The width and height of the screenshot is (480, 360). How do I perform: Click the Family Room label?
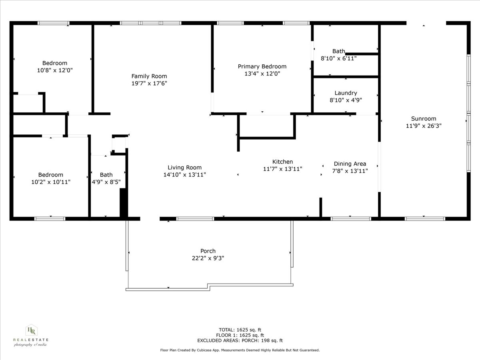pyautogui.click(x=149, y=76)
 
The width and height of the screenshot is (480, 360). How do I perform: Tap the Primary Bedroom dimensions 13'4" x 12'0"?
pyautogui.click(x=262, y=74)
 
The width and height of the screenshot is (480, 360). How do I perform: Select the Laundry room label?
pyautogui.click(x=346, y=93)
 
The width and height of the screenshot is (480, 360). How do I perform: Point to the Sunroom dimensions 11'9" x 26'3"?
pyautogui.click(x=424, y=126)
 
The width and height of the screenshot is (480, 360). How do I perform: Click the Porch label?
pyautogui.click(x=208, y=251)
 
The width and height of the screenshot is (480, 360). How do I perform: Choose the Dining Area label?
pyautogui.click(x=350, y=164)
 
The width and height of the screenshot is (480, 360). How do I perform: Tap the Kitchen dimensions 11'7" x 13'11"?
pyautogui.click(x=282, y=169)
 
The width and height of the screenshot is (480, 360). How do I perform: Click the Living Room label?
pyautogui.click(x=184, y=168)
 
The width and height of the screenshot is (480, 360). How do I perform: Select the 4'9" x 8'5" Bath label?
pyautogui.click(x=106, y=174)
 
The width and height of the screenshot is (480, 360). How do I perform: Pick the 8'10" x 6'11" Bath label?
pyautogui.click(x=338, y=51)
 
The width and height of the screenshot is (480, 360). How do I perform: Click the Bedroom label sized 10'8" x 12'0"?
pyautogui.click(x=55, y=63)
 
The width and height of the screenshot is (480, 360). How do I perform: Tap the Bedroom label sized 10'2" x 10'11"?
pyautogui.click(x=50, y=174)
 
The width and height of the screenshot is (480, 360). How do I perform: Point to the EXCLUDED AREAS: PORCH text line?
pyautogui.click(x=240, y=340)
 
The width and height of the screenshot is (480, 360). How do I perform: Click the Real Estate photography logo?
pyautogui.click(x=31, y=335)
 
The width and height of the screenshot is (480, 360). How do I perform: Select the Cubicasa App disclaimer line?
pyautogui.click(x=240, y=350)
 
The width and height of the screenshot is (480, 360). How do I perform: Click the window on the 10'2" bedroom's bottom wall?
pyautogui.click(x=50, y=218)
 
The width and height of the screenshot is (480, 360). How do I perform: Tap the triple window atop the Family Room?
pyautogui.click(x=151, y=23)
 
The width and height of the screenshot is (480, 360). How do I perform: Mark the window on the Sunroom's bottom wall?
pyautogui.click(x=425, y=218)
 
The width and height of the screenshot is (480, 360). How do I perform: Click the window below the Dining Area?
pyautogui.click(x=351, y=218)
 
